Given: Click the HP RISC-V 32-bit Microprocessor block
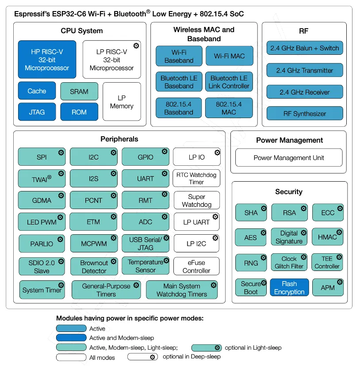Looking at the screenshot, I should (47, 60).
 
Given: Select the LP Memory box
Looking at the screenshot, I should (122, 102).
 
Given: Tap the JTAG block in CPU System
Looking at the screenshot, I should (37, 112).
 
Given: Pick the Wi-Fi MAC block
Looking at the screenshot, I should (229, 56).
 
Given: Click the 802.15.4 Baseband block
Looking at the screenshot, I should (179, 108).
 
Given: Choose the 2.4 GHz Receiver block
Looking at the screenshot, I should (305, 92).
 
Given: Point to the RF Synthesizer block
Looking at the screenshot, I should (305, 114).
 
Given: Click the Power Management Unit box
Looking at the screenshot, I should (289, 158).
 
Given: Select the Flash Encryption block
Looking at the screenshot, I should (289, 288).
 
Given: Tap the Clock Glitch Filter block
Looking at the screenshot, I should (289, 263).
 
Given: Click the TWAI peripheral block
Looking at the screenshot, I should (42, 179).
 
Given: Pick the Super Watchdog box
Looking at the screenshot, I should (196, 201).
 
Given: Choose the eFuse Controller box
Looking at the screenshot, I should (196, 267).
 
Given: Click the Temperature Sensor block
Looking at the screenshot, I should (146, 266).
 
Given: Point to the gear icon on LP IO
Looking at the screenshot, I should (217, 153).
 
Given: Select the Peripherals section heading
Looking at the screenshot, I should (119, 139).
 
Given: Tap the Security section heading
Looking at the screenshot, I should (289, 192).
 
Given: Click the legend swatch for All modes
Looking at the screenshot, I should (71, 357).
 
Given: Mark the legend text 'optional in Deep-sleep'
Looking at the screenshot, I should (191, 356).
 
